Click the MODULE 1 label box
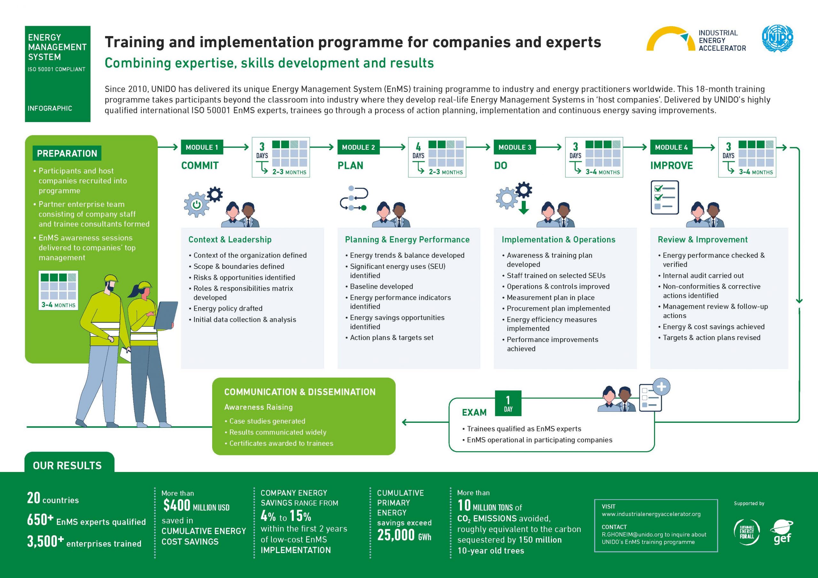tap(202, 147)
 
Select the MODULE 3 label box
tap(515, 147)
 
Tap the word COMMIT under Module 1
tap(200, 166)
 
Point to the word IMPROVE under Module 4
tap(672, 166)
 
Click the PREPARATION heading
tap(67, 154)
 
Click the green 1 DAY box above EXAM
tap(508, 403)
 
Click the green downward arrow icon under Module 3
tap(523, 207)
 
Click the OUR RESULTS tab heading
tap(67, 466)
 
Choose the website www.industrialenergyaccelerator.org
tap(651, 514)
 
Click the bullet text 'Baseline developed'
tap(382, 286)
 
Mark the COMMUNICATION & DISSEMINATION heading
tap(300, 392)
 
